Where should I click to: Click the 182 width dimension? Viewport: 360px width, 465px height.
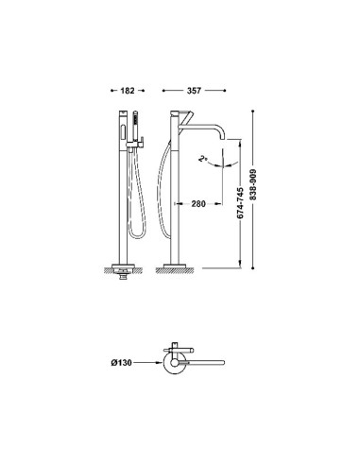(128, 91)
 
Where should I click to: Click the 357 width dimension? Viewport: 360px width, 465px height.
(194, 91)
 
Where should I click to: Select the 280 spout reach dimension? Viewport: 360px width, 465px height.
(198, 204)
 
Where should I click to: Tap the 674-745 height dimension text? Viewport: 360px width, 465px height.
(240, 203)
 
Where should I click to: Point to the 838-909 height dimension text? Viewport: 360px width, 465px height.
(253, 184)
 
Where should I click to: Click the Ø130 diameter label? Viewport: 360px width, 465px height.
(121, 363)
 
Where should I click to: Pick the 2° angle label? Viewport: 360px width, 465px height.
(202, 159)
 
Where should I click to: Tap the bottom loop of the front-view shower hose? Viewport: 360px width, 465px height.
(138, 236)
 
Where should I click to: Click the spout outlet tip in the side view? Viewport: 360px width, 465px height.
(223, 138)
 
